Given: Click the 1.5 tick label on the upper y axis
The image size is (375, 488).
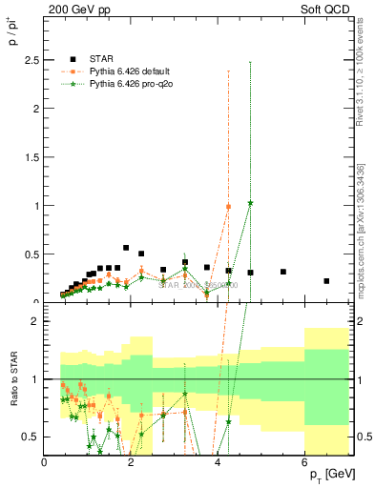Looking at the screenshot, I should (x=34, y=156).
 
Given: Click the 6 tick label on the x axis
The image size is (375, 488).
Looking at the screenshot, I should (x=304, y=464).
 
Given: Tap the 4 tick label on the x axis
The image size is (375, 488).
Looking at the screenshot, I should (x=218, y=464).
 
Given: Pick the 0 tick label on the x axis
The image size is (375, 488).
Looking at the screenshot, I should (x=45, y=464).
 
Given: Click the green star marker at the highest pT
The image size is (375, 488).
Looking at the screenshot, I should (x=250, y=203).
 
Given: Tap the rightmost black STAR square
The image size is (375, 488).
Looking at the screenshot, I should (x=326, y=281).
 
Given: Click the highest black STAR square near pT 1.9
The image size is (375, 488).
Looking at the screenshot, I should (x=126, y=248).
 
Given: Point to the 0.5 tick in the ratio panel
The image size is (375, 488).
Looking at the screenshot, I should (x=34, y=437).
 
